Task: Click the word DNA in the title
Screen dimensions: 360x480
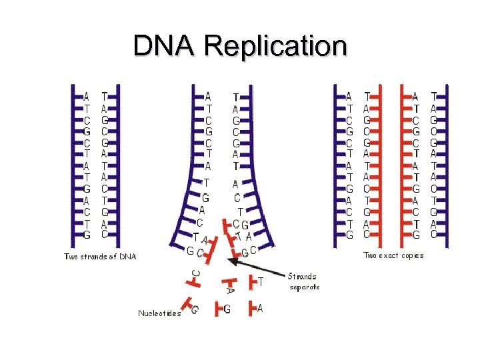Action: [x=166, y=47]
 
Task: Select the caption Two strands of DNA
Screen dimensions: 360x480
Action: [x=100, y=256]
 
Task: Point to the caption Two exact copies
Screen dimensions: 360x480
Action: [x=393, y=255]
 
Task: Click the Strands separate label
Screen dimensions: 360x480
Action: [x=304, y=281]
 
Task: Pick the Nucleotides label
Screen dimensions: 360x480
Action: [x=159, y=313]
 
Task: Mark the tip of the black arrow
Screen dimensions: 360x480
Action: [x=228, y=259]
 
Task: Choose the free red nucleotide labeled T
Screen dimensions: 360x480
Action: [x=254, y=282]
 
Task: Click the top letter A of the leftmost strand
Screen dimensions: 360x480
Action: [x=87, y=97]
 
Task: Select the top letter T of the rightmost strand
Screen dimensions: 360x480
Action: [x=434, y=97]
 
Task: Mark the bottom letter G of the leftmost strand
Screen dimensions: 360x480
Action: [x=87, y=235]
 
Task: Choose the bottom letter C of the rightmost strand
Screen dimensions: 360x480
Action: [x=434, y=235]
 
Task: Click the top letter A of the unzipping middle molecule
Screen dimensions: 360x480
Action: [x=208, y=97]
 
